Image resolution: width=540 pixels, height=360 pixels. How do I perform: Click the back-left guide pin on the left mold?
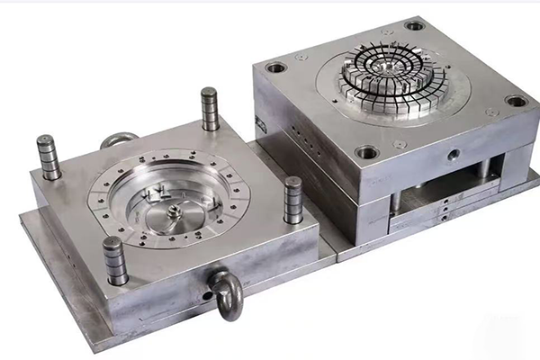pos(48,157)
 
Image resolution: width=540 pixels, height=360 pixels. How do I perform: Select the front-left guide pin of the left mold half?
pos(114,260)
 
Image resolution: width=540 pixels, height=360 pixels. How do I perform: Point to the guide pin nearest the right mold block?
pos(292,199)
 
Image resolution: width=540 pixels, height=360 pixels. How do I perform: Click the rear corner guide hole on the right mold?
pos(414,25)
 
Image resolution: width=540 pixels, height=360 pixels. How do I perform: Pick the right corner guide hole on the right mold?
pos(516,101)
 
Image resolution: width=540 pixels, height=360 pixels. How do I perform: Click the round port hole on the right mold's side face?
pos(450,155)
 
